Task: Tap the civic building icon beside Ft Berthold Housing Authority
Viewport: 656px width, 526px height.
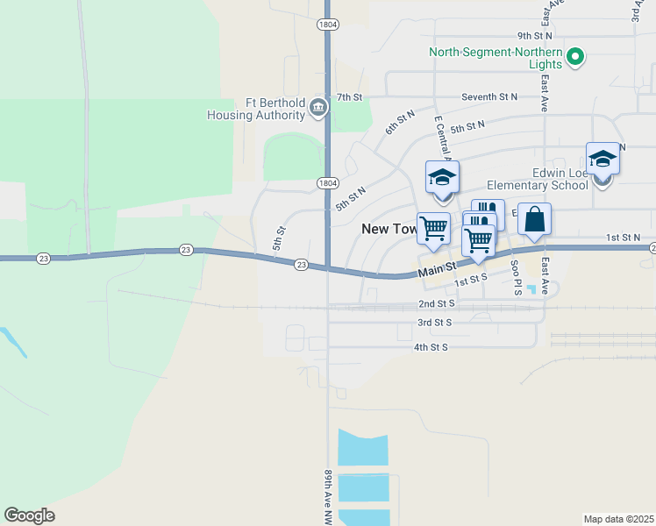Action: (x=317, y=109)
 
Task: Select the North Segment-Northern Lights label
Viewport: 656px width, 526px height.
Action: (x=496, y=52)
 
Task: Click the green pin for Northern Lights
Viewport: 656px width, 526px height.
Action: (x=575, y=59)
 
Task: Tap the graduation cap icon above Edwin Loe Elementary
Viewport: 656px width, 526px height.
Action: (x=603, y=159)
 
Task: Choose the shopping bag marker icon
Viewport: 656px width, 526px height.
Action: (x=534, y=219)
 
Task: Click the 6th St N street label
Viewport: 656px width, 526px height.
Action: (x=400, y=123)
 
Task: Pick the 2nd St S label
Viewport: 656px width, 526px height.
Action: (x=436, y=303)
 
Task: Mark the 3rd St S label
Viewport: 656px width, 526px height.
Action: (x=436, y=323)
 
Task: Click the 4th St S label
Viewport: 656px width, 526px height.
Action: (x=431, y=347)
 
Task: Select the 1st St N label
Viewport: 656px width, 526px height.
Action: (x=624, y=238)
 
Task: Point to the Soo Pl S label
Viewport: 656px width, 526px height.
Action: (x=516, y=281)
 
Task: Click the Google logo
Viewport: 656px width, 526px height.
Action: (x=29, y=515)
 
